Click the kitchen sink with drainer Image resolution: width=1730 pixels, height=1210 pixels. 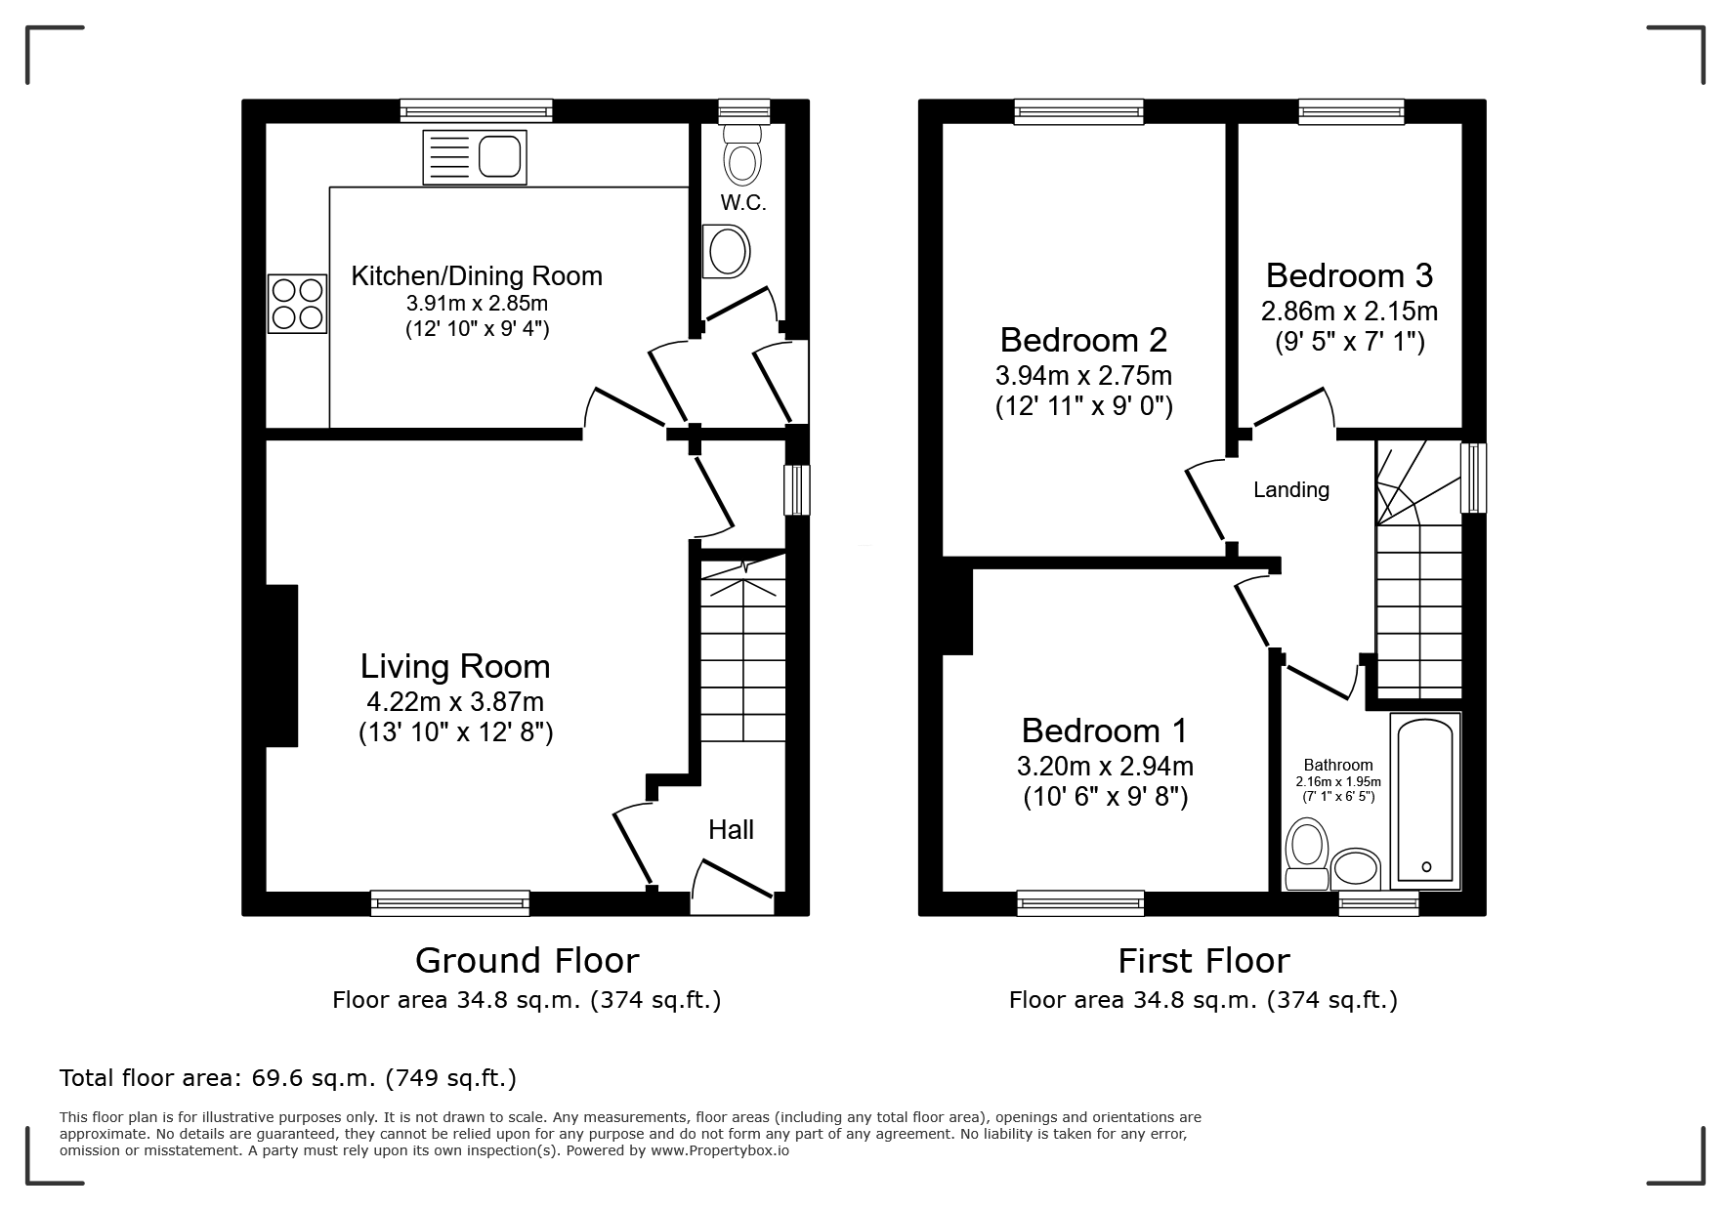click(x=475, y=157)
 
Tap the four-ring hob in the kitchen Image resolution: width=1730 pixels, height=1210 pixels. click(x=297, y=303)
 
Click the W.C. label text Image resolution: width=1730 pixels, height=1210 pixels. click(x=743, y=203)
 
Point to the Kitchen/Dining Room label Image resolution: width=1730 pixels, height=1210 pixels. click(x=477, y=276)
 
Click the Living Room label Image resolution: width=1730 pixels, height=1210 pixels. click(x=455, y=666)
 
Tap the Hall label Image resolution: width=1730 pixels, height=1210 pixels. click(x=731, y=830)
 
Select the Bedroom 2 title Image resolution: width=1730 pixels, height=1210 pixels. click(x=1084, y=340)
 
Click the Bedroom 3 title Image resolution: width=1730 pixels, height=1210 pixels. click(x=1349, y=275)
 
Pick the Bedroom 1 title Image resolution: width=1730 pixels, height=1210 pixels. click(x=1105, y=730)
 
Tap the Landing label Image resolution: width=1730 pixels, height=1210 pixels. click(x=1291, y=490)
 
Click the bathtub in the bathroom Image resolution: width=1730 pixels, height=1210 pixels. click(x=1425, y=801)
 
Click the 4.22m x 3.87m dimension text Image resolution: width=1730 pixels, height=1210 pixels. click(x=455, y=702)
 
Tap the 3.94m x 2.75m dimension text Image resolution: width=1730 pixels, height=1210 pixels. click(x=1084, y=376)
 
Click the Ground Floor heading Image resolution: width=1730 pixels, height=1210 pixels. click(x=527, y=961)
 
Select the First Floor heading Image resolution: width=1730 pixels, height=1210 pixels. click(x=1203, y=961)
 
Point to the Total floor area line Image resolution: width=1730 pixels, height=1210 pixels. click(x=288, y=1078)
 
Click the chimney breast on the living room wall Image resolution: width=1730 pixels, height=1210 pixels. click(x=281, y=666)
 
